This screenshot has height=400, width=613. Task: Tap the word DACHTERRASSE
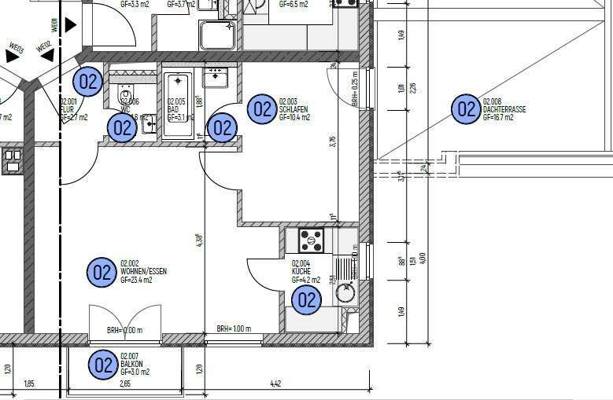click(504, 109)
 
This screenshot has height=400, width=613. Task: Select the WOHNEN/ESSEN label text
click(143, 271)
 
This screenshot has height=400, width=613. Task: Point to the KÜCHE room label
click(301, 271)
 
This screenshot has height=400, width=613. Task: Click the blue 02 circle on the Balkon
click(103, 365)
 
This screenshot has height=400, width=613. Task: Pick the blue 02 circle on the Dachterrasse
click(466, 109)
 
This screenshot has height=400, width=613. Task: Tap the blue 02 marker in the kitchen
click(306, 299)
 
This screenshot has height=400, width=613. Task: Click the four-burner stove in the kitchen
click(311, 240)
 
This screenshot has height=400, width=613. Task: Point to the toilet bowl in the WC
click(126, 97)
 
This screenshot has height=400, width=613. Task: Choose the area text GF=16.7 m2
click(498, 118)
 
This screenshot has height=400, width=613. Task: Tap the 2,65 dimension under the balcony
click(125, 384)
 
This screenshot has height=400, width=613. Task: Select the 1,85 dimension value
click(30, 384)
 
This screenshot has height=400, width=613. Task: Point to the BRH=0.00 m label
click(124, 331)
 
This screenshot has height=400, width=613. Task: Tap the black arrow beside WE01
click(71, 24)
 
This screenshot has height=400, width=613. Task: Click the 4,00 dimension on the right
click(423, 257)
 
